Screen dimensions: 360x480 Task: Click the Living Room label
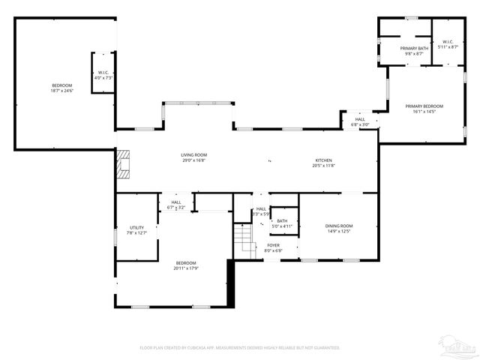[193, 155]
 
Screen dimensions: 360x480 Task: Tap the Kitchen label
[323, 160]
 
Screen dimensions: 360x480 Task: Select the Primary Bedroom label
[424, 106]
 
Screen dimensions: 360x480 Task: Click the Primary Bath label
[414, 49]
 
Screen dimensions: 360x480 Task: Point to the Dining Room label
[338, 226]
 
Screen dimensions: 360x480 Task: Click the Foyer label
[274, 245]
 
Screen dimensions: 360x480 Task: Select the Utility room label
[136, 227]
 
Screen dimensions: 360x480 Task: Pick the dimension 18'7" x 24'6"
[61, 91]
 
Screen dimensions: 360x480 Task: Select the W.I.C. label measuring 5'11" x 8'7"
[448, 42]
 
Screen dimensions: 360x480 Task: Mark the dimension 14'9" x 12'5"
[338, 231]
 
